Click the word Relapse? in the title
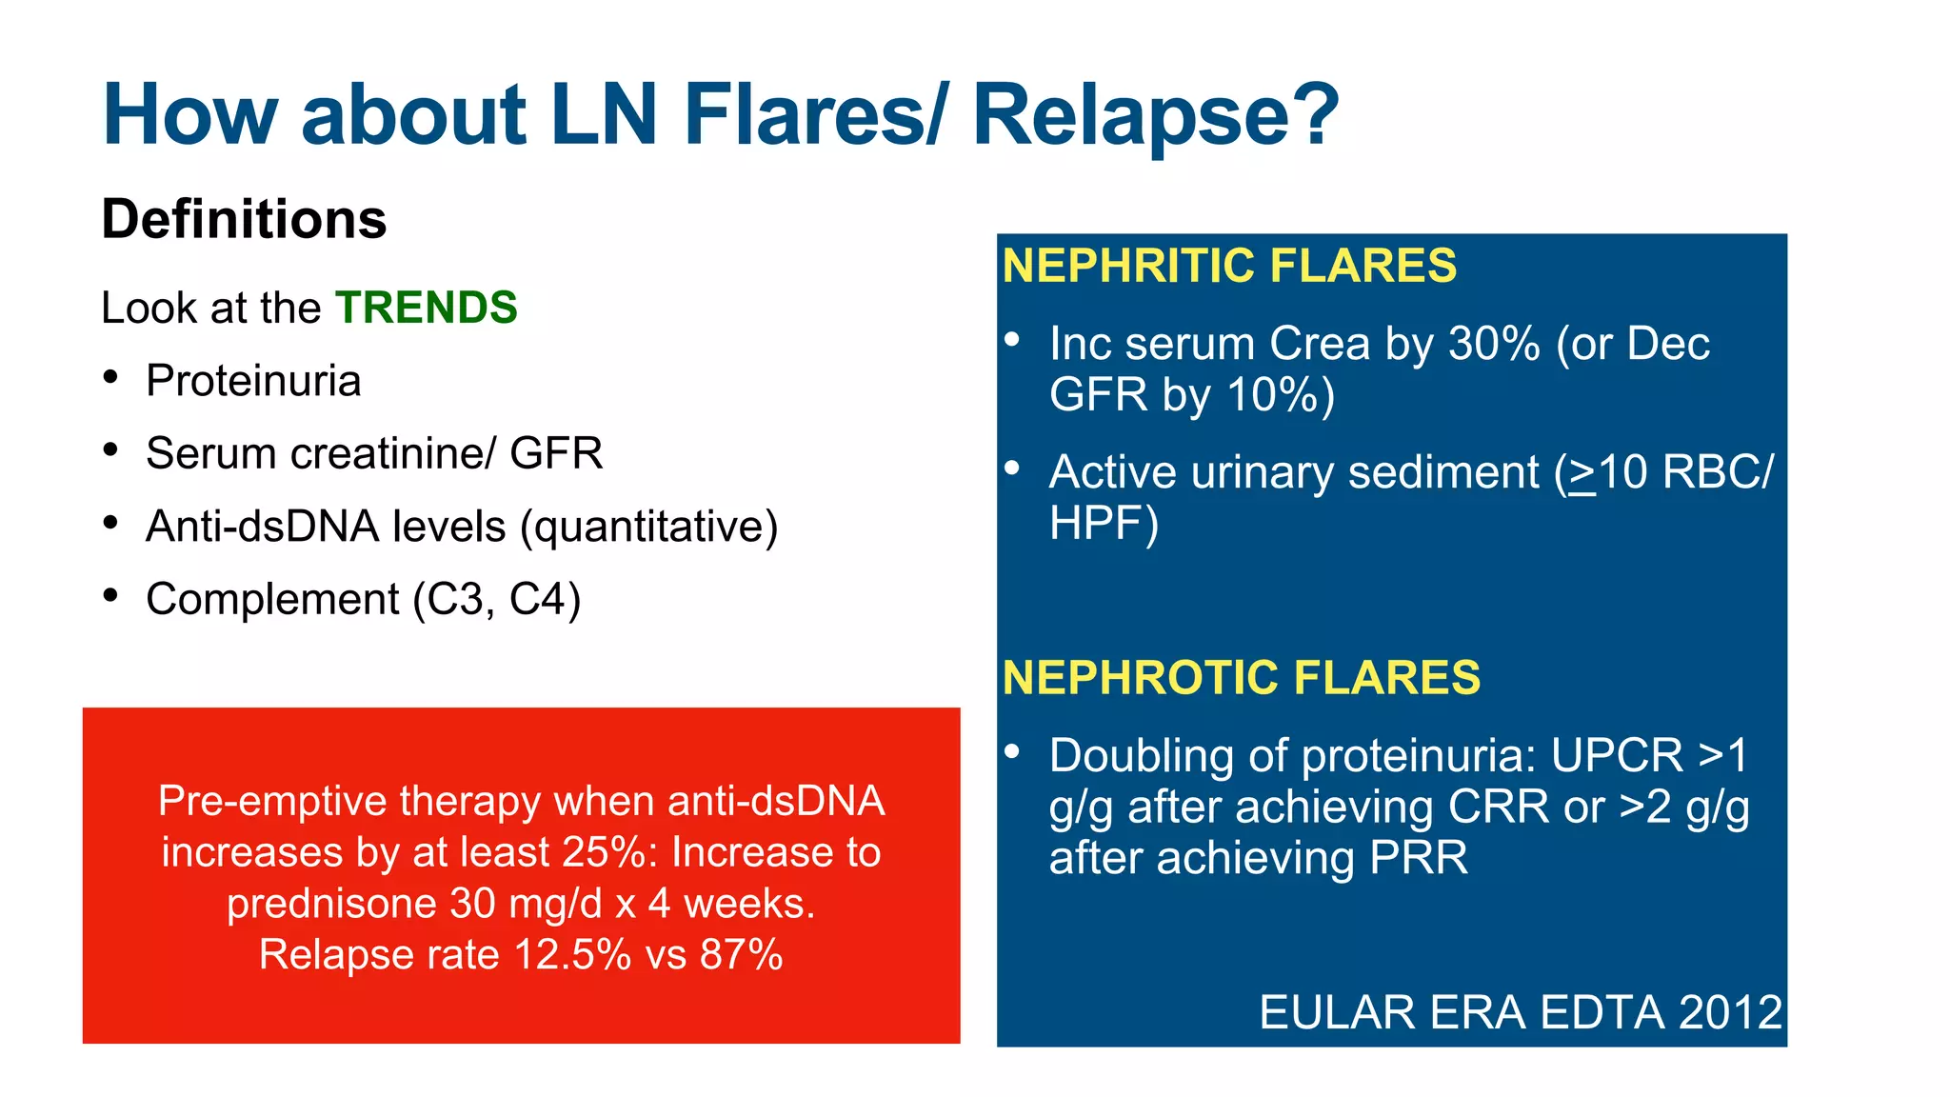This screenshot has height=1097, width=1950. [1154, 116]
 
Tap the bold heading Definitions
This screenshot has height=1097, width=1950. [244, 219]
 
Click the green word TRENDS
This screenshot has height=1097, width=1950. [426, 308]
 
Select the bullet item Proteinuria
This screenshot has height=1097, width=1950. [253, 381]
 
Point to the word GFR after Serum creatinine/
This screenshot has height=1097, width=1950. [556, 453]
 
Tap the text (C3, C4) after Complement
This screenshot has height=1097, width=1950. [496, 600]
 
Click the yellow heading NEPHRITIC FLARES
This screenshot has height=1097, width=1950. [1228, 266]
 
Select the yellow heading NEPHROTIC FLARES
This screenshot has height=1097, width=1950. [1241, 678]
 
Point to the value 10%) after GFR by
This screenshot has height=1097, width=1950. [1281, 395]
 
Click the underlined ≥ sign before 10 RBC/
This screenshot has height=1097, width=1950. [1582, 473]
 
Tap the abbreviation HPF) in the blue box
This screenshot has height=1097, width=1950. [1104, 524]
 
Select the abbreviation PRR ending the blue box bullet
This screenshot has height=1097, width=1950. [1418, 858]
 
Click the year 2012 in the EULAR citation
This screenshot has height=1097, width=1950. [1729, 1012]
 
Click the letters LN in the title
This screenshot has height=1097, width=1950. [604, 116]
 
